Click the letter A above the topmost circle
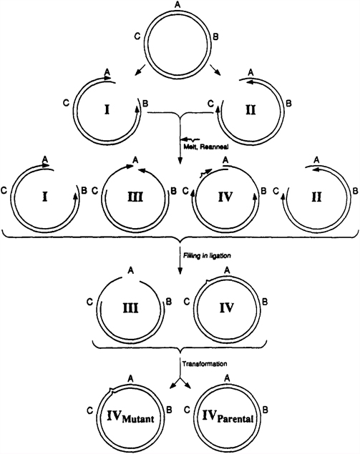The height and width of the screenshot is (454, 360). (x=177, y=6)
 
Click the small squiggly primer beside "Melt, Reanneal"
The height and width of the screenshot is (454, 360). (x=189, y=140)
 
